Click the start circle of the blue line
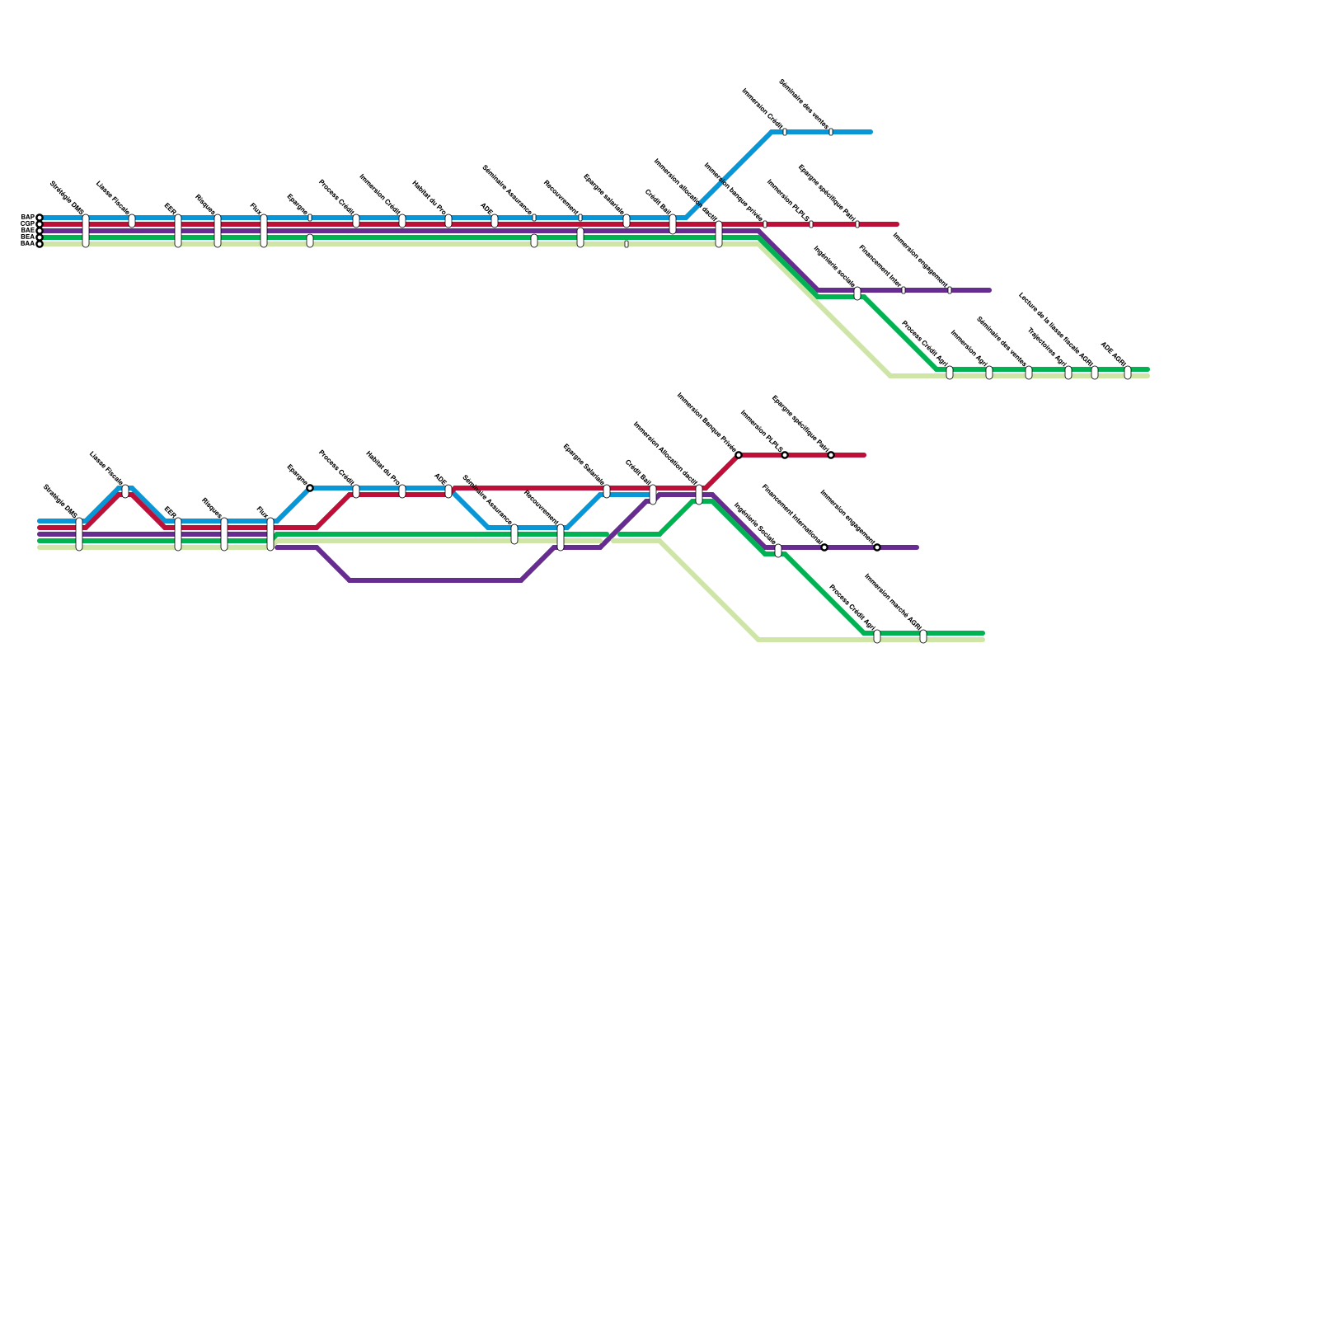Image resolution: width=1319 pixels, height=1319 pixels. click(40, 218)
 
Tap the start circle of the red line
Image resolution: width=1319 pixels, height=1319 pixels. click(40, 224)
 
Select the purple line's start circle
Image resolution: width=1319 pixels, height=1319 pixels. click(40, 231)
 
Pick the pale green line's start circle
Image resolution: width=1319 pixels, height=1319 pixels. click(40, 244)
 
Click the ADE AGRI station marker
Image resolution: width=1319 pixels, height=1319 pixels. click(1128, 373)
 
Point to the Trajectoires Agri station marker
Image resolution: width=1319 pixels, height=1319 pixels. click(1068, 373)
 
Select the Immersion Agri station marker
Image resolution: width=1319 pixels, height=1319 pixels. click(989, 373)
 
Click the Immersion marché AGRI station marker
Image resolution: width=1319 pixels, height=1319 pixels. click(923, 636)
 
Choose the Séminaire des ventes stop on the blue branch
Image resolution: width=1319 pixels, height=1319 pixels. click(831, 132)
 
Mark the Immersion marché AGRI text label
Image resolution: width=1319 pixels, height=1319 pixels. click(894, 602)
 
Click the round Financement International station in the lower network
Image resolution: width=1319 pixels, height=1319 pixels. click(824, 547)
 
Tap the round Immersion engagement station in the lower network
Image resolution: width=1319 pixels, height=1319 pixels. click(877, 547)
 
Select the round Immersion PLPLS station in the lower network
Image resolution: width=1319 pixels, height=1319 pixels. click(785, 455)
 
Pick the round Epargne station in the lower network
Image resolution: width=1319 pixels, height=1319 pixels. click(310, 488)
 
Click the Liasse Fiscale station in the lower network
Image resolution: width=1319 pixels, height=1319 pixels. click(125, 491)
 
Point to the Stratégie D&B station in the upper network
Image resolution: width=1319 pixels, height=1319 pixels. click(86, 231)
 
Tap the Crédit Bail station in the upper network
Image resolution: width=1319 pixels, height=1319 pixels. click(673, 224)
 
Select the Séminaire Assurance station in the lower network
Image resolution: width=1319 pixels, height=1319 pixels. click(514, 534)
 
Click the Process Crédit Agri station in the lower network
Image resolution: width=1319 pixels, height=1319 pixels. click(877, 636)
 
